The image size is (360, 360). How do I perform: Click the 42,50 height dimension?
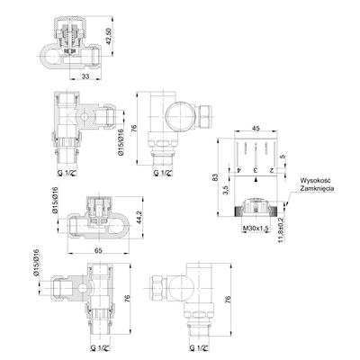point(109,36)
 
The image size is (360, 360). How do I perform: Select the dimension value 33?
point(85,76)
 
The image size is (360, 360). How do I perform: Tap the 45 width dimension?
point(256,128)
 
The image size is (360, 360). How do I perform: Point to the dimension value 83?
point(214,177)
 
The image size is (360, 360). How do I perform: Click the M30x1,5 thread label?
point(256,229)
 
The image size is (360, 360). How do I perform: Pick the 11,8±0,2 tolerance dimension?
point(281,229)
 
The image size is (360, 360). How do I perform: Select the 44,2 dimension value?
point(139,217)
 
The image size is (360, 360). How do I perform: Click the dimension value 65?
point(99,249)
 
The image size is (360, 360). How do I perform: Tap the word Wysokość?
point(315,181)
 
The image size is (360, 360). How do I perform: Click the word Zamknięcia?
point(317,189)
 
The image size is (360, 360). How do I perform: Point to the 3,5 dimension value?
point(227,190)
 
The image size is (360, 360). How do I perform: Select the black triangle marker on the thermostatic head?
point(256,180)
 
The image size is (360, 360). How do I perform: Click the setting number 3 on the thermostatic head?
point(256,170)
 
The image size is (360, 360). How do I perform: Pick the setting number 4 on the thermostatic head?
point(238,170)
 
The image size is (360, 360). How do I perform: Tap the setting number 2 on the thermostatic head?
point(272,170)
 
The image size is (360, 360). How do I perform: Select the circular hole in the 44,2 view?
point(116,226)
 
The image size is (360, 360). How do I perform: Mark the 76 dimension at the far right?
point(228,299)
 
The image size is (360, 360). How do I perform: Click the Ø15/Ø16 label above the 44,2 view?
point(56,201)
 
